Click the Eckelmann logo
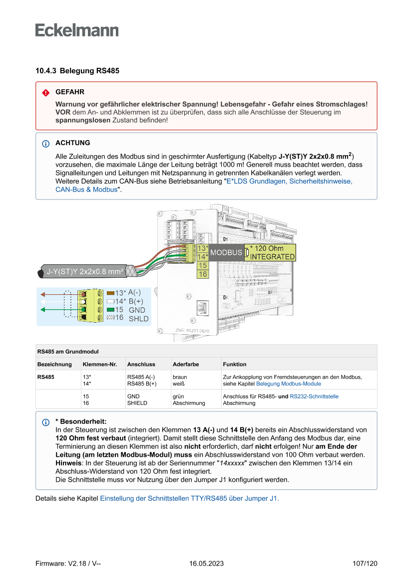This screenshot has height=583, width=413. coord(77,30)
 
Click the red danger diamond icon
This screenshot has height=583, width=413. coord(45,93)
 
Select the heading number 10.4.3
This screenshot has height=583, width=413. coord(45,71)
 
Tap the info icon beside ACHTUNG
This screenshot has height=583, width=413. coord(45,144)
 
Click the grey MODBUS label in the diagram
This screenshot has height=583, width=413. coord(226,253)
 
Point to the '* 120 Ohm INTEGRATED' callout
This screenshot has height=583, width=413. coord(272,252)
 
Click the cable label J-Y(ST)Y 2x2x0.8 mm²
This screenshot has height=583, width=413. coord(85,272)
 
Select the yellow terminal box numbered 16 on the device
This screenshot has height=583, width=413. coord(203,274)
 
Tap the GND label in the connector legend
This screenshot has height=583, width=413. coord(137,310)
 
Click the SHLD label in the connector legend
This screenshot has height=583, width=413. coord(139,318)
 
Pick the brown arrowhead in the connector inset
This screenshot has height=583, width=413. coord(43,294)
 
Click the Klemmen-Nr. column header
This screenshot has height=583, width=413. coord(100,364)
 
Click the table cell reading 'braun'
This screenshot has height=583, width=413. coord(180,377)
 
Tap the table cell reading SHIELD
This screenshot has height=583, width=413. coord(137,403)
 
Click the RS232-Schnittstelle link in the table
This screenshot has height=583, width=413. coord(314,396)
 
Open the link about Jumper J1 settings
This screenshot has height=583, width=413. coord(189,498)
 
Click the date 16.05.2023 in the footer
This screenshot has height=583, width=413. coord(206,564)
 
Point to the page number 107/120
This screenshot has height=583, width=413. coord(365,564)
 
